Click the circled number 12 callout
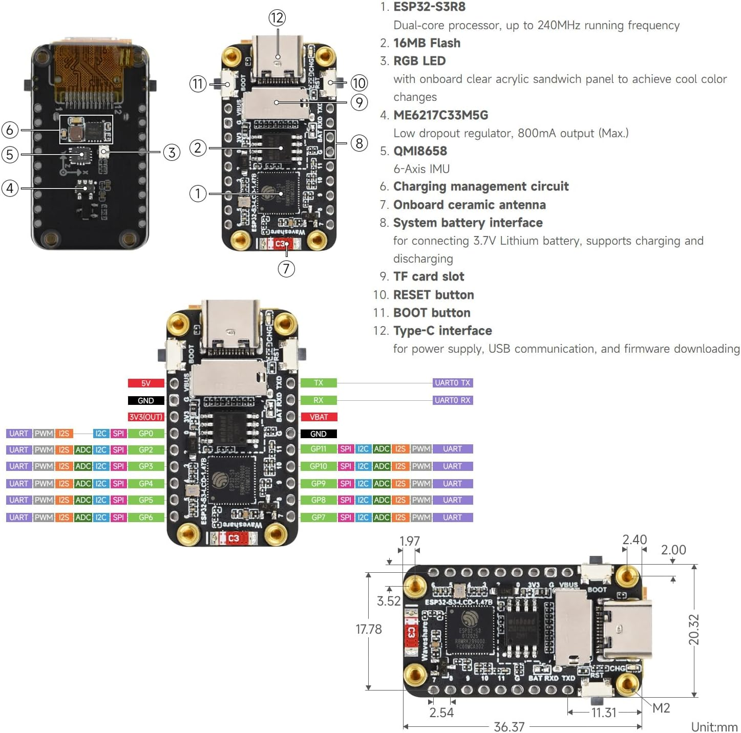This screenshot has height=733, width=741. [x=277, y=18]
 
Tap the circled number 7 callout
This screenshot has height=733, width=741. [x=286, y=269]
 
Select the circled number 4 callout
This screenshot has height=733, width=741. [x=10, y=188]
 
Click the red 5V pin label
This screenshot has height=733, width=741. [x=146, y=383]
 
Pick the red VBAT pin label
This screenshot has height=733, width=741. [x=318, y=417]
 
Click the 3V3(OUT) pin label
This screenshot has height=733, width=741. [x=146, y=417]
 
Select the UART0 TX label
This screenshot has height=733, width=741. [x=452, y=383]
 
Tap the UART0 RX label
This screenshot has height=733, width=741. [x=452, y=400]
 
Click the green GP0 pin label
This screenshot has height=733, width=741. [x=146, y=434]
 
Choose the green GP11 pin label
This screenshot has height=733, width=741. [x=318, y=449]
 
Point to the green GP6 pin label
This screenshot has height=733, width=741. [x=146, y=518]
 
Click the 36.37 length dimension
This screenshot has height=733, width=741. [x=509, y=726]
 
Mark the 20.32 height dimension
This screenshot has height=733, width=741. [x=693, y=629]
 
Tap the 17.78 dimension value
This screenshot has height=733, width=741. [x=369, y=629]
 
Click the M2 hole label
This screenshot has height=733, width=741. [x=661, y=708]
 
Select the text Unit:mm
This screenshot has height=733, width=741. [x=714, y=727]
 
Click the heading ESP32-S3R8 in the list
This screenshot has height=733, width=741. [x=429, y=7]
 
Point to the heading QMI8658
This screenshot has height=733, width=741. [x=420, y=151]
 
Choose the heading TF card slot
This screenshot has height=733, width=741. [x=429, y=276]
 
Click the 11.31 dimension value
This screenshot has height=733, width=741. [x=603, y=713]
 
